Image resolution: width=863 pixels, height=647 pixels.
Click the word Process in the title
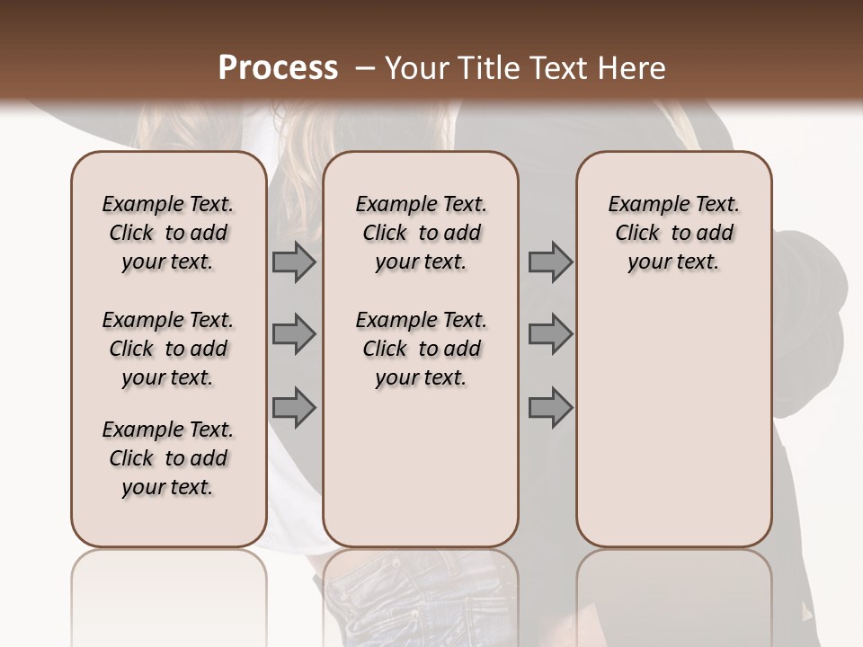click(x=278, y=68)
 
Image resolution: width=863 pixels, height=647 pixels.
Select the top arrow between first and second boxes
click(x=294, y=261)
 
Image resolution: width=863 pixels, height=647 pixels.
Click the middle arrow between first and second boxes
click(x=294, y=334)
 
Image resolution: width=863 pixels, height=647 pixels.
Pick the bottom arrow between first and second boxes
click(x=294, y=407)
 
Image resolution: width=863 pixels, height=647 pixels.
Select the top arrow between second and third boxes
click(x=550, y=261)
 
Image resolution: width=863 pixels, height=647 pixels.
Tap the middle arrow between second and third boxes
click(x=550, y=334)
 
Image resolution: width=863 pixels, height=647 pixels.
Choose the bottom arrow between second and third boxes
click(x=550, y=407)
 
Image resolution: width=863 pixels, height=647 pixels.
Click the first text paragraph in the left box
click(x=168, y=233)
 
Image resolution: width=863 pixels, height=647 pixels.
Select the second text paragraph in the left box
click(x=168, y=349)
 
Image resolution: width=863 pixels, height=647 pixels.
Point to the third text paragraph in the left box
click(x=168, y=458)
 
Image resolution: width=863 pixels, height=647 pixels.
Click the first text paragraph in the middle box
click(x=421, y=233)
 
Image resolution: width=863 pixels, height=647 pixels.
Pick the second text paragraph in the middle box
click(x=421, y=349)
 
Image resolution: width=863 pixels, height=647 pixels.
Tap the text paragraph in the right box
click(x=673, y=233)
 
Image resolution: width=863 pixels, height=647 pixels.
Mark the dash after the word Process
click(x=364, y=68)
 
